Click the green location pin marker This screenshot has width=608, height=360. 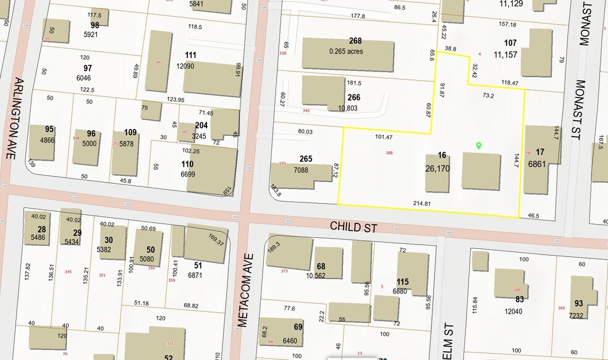478,146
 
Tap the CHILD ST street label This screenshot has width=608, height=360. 353,227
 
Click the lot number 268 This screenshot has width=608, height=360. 355,41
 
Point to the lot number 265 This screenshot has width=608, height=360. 306,159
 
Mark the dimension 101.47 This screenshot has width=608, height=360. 384,136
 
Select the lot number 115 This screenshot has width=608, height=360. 402,282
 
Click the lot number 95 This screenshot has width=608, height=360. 49,129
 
